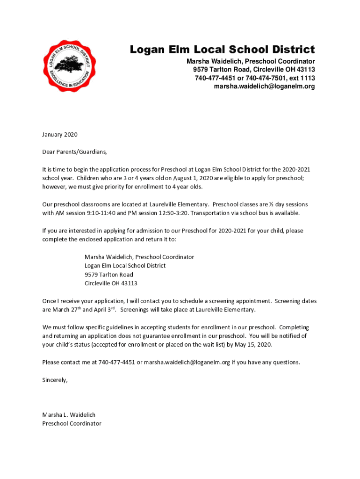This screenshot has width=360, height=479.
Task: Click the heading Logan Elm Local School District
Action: coord(222,50)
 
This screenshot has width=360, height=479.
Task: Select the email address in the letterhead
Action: coord(264,87)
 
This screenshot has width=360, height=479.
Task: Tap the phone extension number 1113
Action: coord(307,78)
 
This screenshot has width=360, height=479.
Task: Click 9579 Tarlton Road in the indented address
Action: coord(108,275)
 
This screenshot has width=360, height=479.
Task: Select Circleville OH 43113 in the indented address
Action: coord(111,283)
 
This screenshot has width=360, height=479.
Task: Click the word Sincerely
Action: coord(55,380)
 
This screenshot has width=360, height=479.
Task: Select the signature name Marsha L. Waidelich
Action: coord(69,415)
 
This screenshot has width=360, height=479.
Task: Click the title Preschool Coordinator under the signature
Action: coord(72,423)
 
